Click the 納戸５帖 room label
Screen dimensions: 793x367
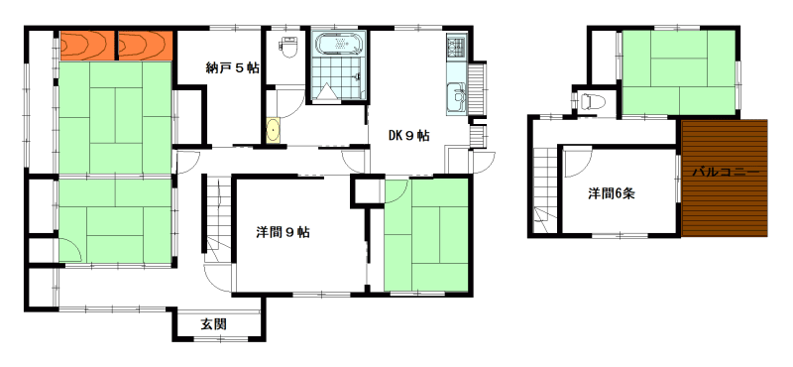click(233, 67)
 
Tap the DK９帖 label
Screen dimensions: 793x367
click(409, 135)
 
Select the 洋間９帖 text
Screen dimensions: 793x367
click(283, 232)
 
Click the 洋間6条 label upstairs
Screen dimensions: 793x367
click(611, 193)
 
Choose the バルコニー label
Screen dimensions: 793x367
click(726, 173)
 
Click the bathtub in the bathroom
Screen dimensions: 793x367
click(338, 44)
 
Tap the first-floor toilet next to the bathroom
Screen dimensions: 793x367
click(288, 47)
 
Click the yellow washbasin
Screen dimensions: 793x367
click(274, 131)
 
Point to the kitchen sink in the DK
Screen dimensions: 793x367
click(456, 97)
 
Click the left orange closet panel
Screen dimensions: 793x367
click(86, 46)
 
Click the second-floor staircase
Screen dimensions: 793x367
click(545, 189)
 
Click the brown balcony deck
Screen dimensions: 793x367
click(725, 178)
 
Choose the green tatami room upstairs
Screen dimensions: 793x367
click(679, 72)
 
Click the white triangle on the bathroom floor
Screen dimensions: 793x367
click(326, 91)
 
